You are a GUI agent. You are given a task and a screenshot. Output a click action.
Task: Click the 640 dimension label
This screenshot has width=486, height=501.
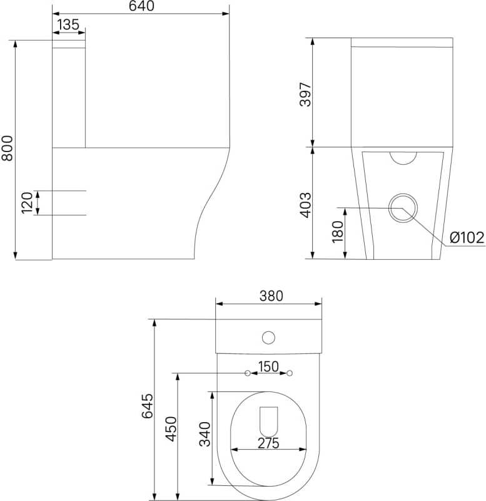[x=141, y=6]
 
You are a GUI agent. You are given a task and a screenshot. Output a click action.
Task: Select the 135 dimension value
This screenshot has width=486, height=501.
[x=68, y=24]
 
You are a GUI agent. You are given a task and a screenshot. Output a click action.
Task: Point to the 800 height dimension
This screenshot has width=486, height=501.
[x=7, y=148]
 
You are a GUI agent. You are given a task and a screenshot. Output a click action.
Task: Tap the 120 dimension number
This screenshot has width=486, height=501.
[x=27, y=202]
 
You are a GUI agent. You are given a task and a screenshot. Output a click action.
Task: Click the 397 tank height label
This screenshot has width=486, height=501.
[x=305, y=95]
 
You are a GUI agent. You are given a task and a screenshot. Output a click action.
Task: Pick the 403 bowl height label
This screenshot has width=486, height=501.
[x=305, y=205]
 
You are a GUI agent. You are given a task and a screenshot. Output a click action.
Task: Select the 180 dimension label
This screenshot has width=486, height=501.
[x=337, y=232]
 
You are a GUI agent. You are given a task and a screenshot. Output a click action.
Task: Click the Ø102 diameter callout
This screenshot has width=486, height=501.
[x=467, y=238]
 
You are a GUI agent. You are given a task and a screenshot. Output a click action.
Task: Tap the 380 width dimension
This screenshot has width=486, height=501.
[x=271, y=296]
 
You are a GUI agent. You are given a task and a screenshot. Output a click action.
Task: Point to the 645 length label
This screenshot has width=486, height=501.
[x=148, y=406]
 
